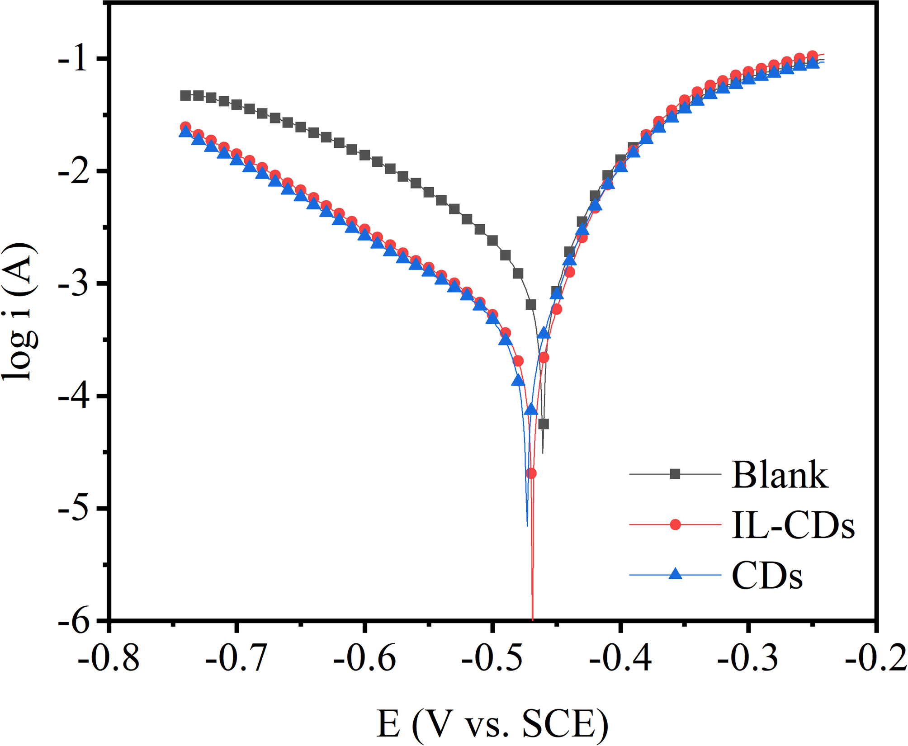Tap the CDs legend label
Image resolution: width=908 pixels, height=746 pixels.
click(767, 576)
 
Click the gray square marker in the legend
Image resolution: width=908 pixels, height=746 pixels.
click(675, 474)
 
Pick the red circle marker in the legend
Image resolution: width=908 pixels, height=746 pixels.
click(675, 524)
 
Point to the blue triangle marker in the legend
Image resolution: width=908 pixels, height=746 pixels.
click(675, 574)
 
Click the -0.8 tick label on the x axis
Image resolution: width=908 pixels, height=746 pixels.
click(109, 659)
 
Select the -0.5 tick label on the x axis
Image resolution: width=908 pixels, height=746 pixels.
click(492, 659)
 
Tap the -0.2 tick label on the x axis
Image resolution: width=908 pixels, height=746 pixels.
click(876, 659)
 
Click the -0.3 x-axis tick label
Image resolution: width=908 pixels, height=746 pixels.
click(748, 659)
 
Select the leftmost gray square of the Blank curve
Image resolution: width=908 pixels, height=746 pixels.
click(185, 95)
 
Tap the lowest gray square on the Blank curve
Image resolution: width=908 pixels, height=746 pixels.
click(544, 424)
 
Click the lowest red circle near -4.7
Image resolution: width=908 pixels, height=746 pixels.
click(531, 473)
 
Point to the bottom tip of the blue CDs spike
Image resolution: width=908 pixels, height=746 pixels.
click(527, 525)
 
